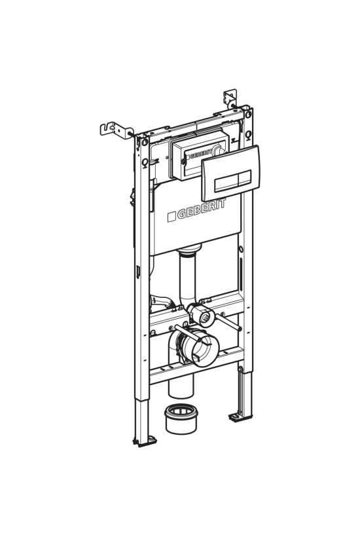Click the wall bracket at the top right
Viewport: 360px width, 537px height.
point(230,98)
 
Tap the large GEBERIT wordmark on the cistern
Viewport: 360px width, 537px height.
point(202,209)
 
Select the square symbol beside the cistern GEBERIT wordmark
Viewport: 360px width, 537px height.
point(171,217)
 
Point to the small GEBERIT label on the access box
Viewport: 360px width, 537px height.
point(199,155)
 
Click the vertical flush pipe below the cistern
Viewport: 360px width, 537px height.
point(187,278)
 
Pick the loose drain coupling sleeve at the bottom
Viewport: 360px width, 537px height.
point(181,418)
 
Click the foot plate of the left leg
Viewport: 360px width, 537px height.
point(145,441)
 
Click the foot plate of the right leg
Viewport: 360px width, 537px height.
point(240,417)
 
